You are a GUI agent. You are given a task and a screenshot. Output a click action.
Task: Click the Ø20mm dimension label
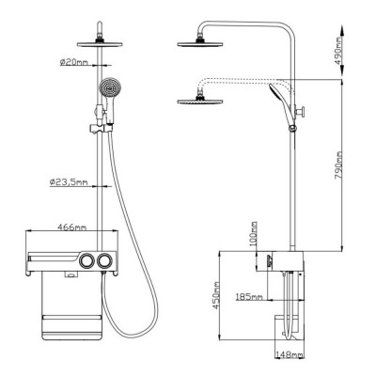[74, 62]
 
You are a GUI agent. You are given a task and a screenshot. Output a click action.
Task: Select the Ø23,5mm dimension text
[69, 181]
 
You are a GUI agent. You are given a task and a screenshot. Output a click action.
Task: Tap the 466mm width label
[72, 227]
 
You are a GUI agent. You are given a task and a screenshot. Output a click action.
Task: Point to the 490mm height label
[337, 52]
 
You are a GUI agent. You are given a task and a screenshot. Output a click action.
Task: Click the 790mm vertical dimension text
[338, 165]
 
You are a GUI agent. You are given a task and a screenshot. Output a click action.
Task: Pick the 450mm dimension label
[216, 295]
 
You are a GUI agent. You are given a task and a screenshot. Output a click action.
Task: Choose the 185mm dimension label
[249, 296]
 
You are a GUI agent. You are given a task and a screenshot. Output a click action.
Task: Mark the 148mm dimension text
[290, 354]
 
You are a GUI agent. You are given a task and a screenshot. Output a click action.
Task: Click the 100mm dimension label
[254, 234]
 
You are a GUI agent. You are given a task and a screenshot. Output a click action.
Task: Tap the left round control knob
[86, 260]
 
